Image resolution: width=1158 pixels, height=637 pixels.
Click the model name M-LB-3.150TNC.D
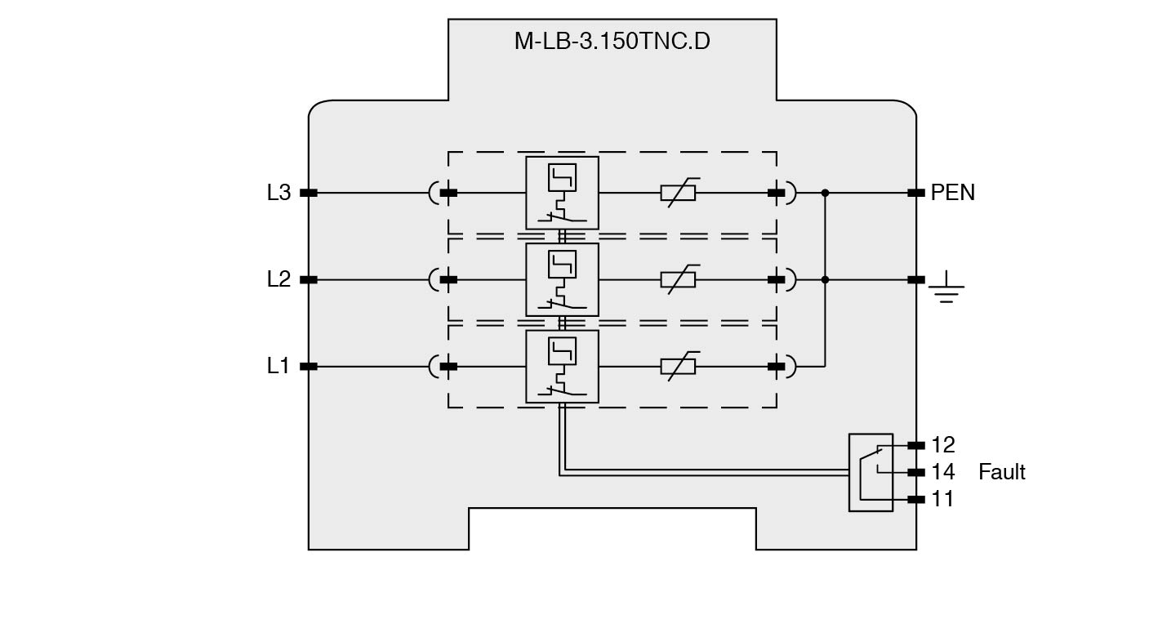coord(612,41)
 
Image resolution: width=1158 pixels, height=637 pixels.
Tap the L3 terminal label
coord(278,193)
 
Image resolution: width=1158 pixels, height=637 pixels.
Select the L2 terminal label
coord(278,279)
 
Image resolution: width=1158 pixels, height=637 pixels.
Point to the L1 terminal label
coord(278,366)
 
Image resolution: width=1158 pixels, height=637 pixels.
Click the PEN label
coord(952,193)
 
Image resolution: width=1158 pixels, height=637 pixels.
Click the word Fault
coord(1001,472)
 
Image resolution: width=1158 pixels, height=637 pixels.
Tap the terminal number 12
coord(942,445)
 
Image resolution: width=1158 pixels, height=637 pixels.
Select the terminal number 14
coord(942,472)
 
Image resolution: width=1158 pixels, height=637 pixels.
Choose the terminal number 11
coord(942,499)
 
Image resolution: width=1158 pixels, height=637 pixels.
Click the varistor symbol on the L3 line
coord(678,193)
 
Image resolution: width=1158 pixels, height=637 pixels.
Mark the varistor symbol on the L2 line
coord(678,279)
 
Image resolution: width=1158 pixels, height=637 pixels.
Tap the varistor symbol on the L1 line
coord(678,366)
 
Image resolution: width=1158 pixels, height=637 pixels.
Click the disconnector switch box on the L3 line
coord(562,193)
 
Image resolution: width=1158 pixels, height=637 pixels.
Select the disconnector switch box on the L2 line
coord(562,279)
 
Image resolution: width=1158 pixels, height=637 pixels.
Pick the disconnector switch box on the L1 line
coord(562,366)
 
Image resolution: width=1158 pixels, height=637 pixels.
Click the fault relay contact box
coord(871,472)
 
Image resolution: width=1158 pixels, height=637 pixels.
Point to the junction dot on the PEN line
coord(825,193)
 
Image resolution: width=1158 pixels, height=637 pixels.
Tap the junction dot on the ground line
coord(825,279)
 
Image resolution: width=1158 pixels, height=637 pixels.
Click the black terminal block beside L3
coord(309,193)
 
